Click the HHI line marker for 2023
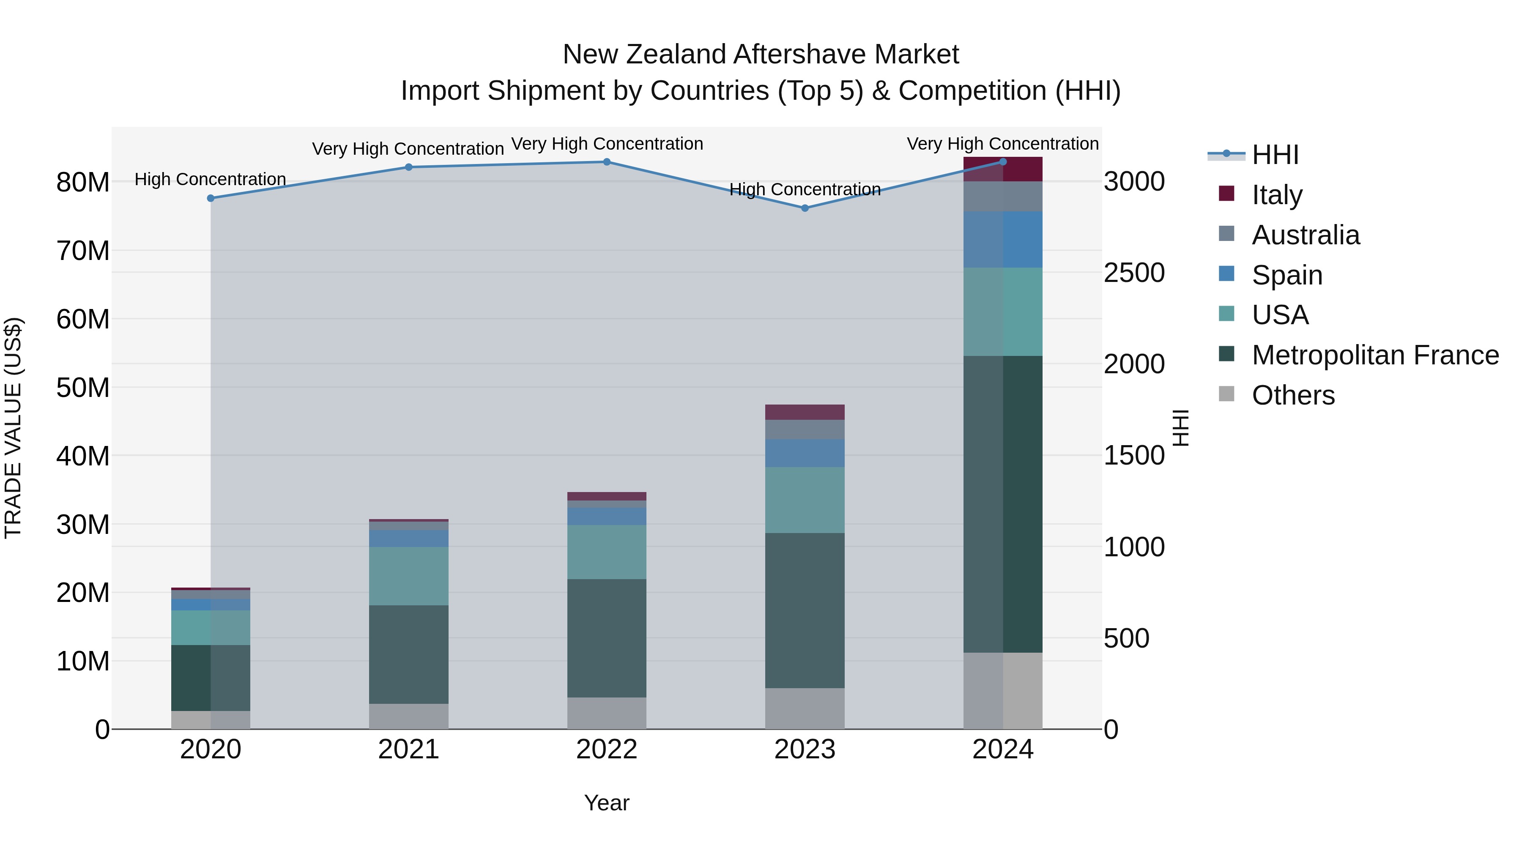coord(804,208)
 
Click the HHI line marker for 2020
coord(211,198)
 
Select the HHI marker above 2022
coord(606,162)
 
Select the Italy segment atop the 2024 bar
coord(1003,169)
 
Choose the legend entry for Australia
coord(1305,235)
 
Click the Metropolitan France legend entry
coord(1374,355)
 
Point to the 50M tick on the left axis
coord(83,388)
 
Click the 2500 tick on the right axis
coord(1134,273)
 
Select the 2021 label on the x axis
coord(408,749)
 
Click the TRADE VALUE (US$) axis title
coord(13,428)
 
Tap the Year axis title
coord(606,803)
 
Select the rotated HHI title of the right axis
coord(1180,428)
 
